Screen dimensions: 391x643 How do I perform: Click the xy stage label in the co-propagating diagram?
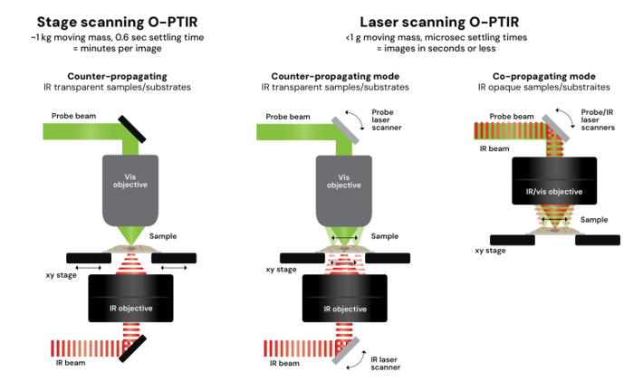point(490,251)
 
